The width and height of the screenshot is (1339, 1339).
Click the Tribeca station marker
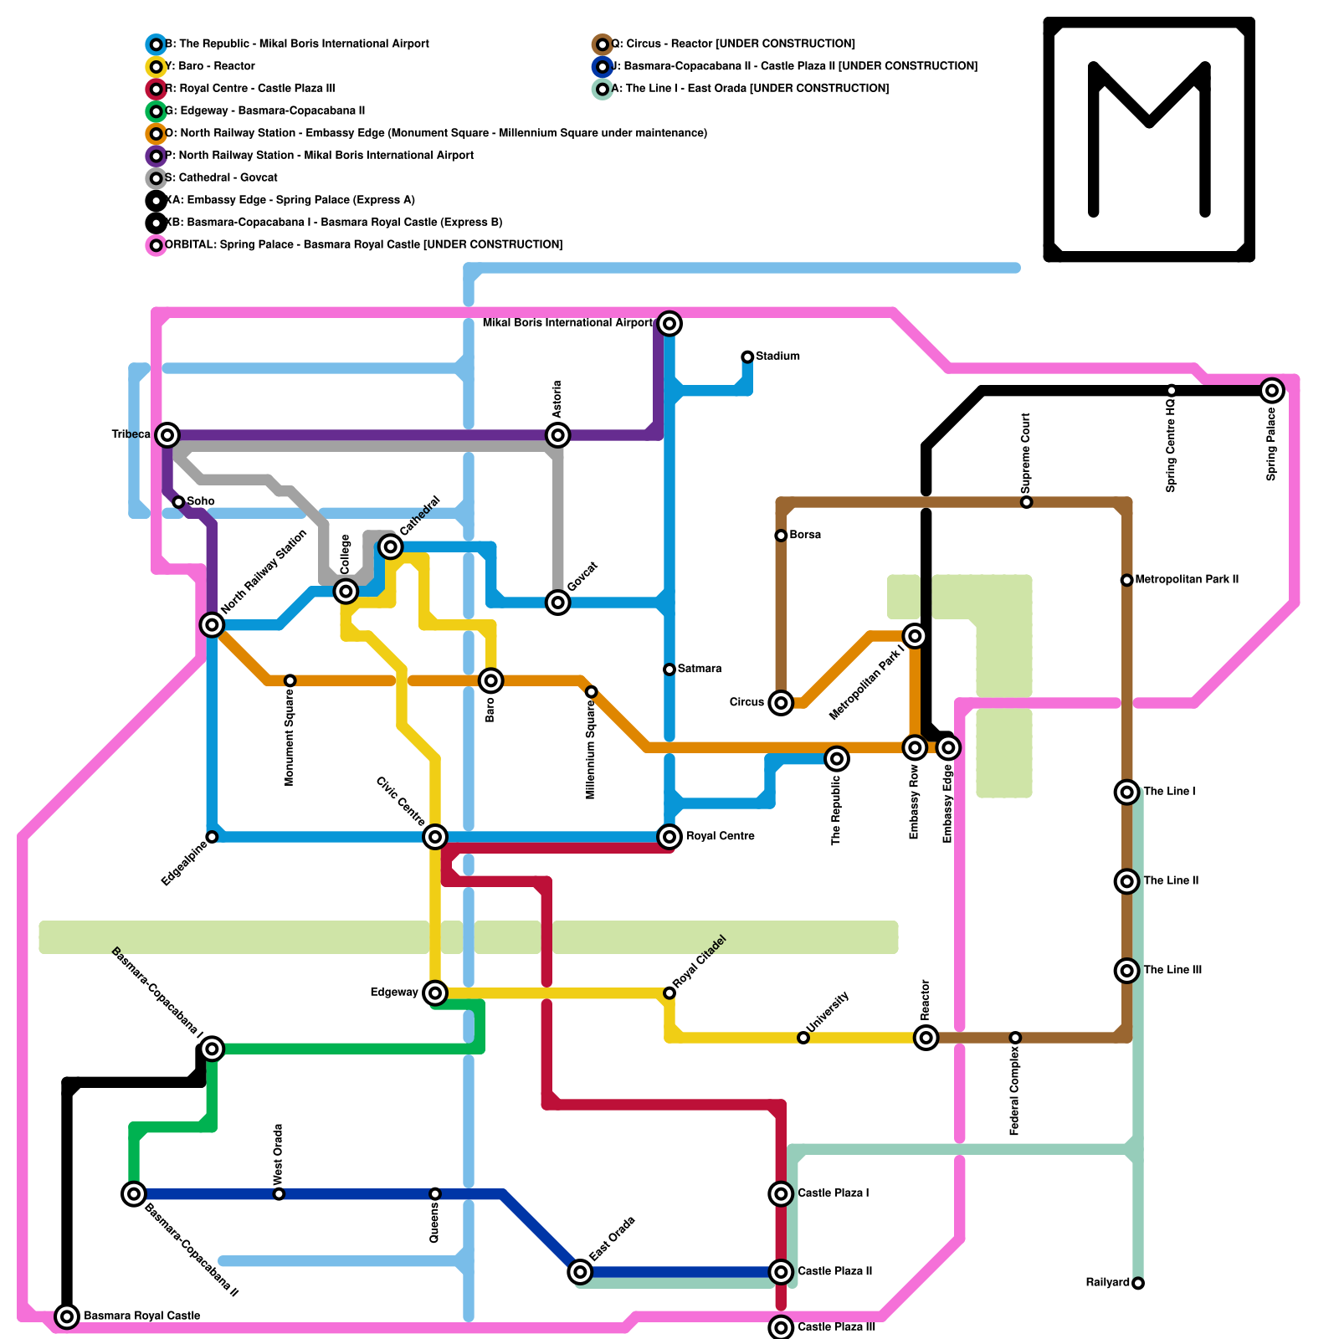[x=168, y=434]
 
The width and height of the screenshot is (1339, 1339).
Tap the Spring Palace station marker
[x=1272, y=390]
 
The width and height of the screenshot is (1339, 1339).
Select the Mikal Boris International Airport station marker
[x=669, y=323]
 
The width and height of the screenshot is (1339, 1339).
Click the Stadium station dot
[x=747, y=357]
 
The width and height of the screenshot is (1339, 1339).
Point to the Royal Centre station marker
[x=669, y=836]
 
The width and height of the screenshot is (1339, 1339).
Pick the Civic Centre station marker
[x=434, y=836]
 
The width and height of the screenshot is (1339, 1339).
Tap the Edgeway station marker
[x=434, y=993]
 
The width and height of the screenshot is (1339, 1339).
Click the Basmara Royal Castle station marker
[x=67, y=1316]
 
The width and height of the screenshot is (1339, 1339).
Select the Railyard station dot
[x=1137, y=1283]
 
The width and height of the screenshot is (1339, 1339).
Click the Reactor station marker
[x=926, y=1038]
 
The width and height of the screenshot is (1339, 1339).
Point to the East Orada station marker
[x=580, y=1272]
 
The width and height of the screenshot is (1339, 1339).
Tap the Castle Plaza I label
[x=833, y=1193]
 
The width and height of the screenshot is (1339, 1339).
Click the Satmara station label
[x=699, y=669]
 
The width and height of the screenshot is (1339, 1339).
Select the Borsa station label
[x=804, y=535]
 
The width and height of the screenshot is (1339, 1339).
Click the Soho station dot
[x=178, y=502]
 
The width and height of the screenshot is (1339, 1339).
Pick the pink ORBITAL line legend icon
[x=156, y=245]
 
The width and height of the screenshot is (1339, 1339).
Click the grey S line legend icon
[x=156, y=178]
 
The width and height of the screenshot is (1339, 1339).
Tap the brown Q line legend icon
[x=602, y=44]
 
